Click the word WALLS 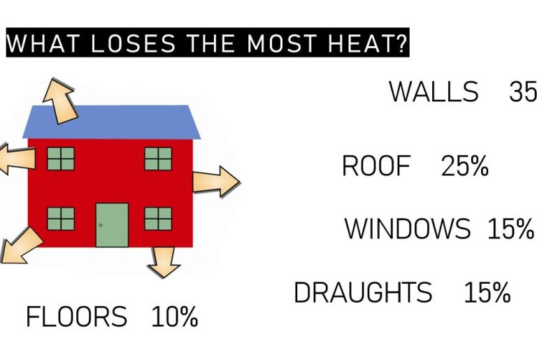pyautogui.click(x=434, y=92)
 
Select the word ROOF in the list pyautogui.click(x=376, y=166)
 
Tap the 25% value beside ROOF pyautogui.click(x=465, y=166)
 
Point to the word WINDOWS pyautogui.click(x=408, y=228)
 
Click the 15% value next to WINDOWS pyautogui.click(x=510, y=228)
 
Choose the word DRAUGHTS pyautogui.click(x=363, y=291)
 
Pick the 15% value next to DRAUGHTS pyautogui.click(x=487, y=291)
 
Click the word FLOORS pyautogui.click(x=76, y=317)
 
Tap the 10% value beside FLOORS pyautogui.click(x=175, y=317)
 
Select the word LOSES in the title pyautogui.click(x=133, y=43)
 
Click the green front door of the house pyautogui.click(x=112, y=225)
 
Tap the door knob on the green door pyautogui.click(x=101, y=225)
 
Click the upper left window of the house pyautogui.click(x=61, y=159)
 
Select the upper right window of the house pyautogui.click(x=158, y=159)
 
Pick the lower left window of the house pyautogui.click(x=61, y=219)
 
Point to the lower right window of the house pyautogui.click(x=158, y=219)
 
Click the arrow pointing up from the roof pyautogui.click(x=60, y=101)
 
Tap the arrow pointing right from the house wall pyautogui.click(x=217, y=182)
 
